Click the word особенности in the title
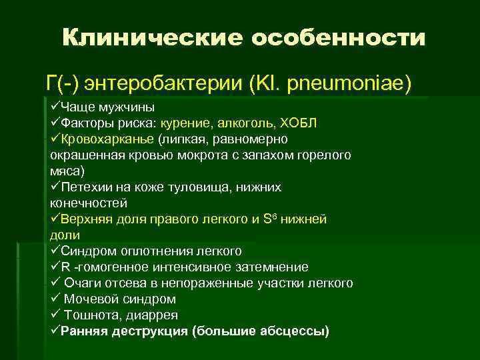(338, 37)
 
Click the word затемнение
(271, 267)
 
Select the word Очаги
(85, 283)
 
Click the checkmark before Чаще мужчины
(55, 107)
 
